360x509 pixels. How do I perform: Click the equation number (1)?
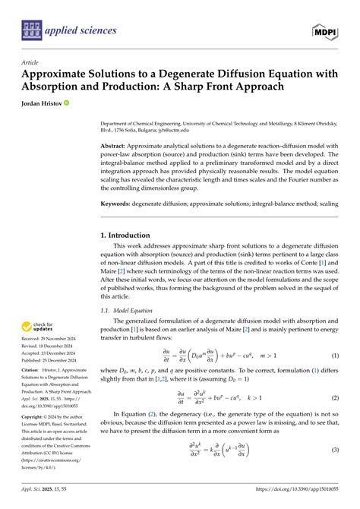tap(335, 356)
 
